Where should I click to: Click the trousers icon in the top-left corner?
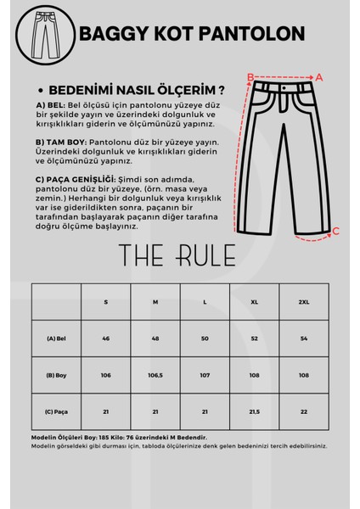42,33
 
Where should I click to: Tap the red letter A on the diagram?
319,76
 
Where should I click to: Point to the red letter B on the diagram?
250,76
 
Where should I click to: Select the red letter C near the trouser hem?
335,230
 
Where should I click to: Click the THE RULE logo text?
180,256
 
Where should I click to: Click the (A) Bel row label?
57,337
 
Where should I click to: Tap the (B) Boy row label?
57,374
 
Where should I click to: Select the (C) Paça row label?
57,411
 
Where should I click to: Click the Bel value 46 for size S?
106,337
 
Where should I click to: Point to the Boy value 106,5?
155,374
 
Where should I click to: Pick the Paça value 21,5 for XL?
254,411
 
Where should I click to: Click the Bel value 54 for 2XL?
303,337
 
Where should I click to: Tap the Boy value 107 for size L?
205,374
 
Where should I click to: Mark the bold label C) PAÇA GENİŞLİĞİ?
78,181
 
